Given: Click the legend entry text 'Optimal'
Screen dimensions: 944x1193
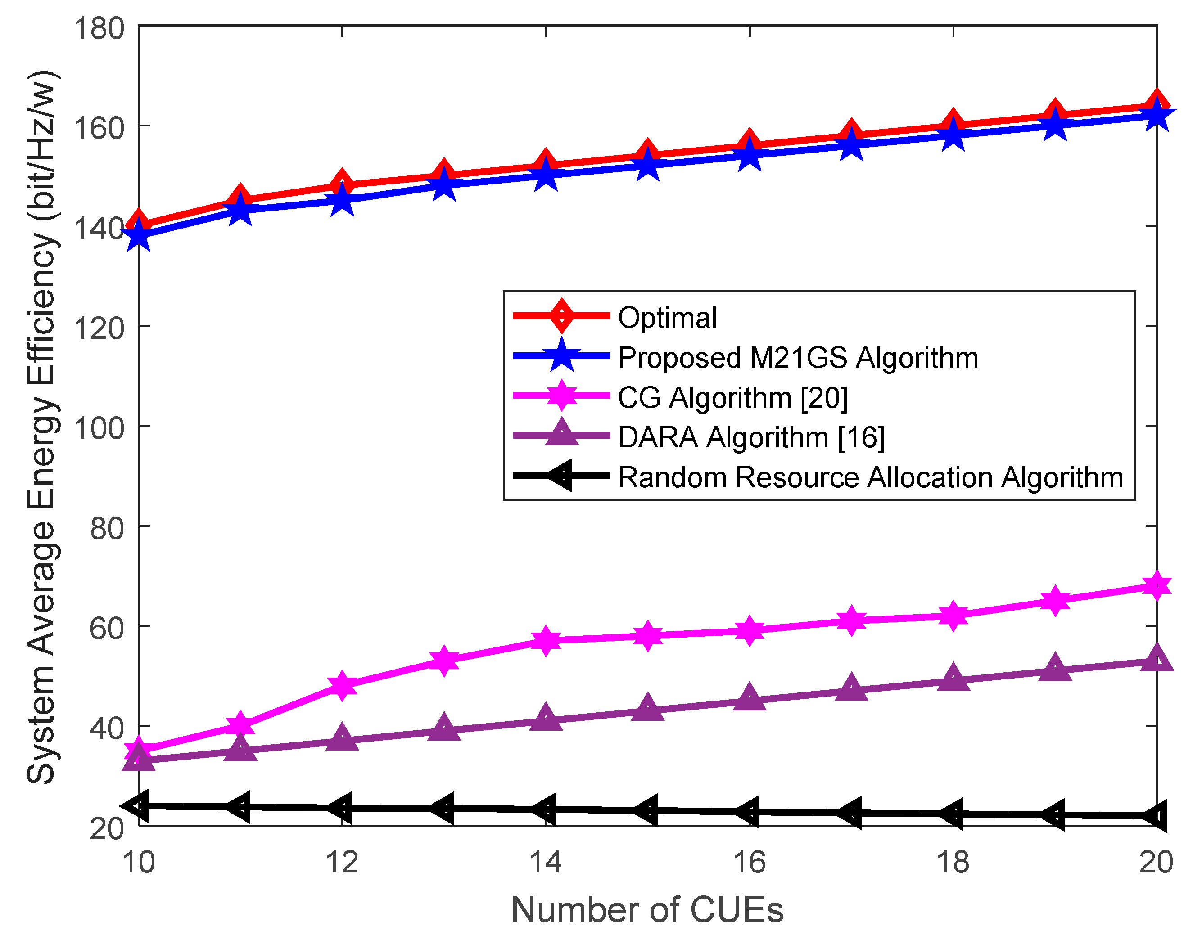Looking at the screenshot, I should point(667,318).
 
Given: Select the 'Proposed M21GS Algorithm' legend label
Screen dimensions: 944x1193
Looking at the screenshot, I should point(798,358).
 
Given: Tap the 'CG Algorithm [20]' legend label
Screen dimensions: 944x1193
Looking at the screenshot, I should point(732,397).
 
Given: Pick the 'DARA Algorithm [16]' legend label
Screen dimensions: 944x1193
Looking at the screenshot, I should point(751,437).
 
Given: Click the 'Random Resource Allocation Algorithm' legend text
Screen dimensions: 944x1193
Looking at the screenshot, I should point(870,477).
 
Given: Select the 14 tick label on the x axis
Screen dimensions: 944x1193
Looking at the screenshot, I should point(545,862).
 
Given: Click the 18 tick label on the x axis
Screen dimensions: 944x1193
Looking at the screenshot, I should point(953,862).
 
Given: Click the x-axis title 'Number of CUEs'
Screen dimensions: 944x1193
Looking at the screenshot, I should point(647,910).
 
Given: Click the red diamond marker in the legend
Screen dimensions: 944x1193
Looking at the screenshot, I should point(562,316).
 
